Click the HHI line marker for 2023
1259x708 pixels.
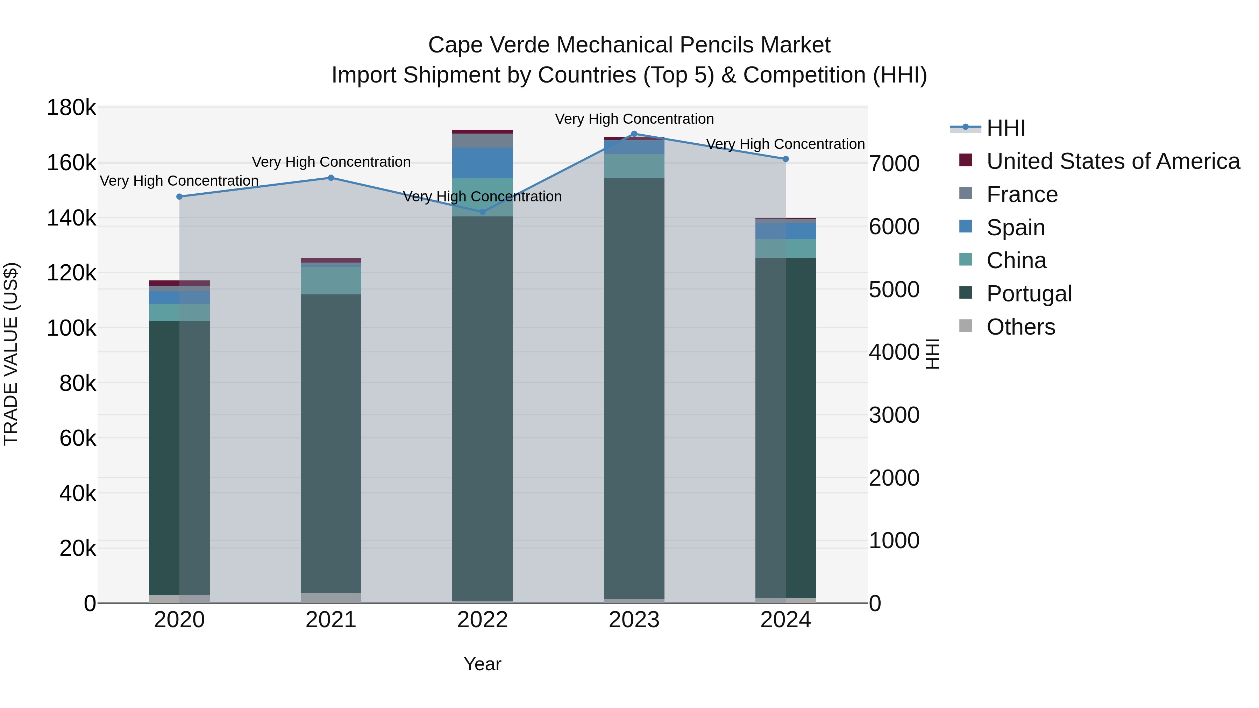[634, 134]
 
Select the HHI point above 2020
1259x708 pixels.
[179, 197]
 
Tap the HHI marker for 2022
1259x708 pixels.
[482, 212]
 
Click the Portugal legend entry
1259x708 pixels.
[1029, 294]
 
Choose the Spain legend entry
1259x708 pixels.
[1016, 228]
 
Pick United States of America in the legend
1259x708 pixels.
[1113, 161]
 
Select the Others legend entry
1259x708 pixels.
[1020, 327]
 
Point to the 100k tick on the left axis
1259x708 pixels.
[71, 328]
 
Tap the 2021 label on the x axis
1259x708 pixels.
[331, 620]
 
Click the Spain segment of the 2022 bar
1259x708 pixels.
[482, 163]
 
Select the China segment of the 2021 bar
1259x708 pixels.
[331, 280]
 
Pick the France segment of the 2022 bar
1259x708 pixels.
[482, 140]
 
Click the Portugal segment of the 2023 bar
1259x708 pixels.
[634, 388]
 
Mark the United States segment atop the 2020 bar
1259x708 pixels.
[179, 283]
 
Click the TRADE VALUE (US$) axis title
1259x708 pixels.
[11, 354]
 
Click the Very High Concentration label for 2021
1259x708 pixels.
[331, 162]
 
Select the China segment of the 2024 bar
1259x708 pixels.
[785, 248]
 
